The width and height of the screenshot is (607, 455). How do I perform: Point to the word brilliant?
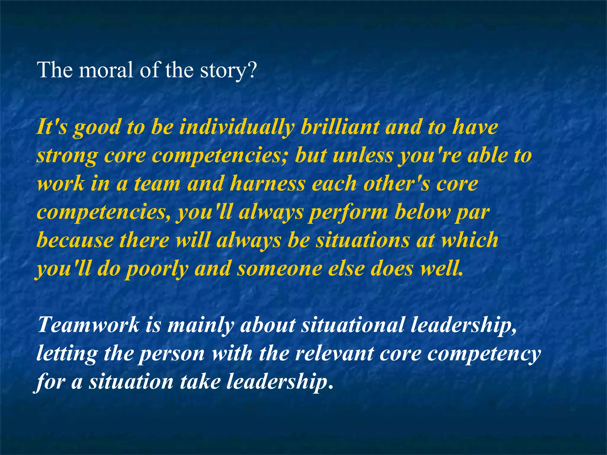340,127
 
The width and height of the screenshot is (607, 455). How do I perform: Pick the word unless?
363,155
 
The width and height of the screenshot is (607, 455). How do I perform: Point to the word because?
75,240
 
